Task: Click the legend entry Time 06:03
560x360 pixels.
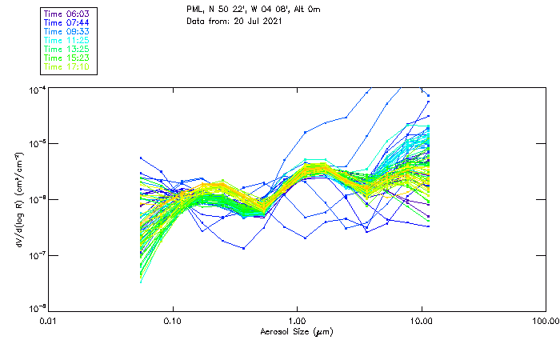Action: coord(66,14)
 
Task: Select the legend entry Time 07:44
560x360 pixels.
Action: coord(66,22)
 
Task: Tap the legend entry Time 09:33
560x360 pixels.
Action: coord(66,31)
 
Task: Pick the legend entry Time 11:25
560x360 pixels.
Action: coord(66,40)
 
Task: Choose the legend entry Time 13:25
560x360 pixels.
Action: coord(66,49)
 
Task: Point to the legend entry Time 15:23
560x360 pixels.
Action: coord(66,58)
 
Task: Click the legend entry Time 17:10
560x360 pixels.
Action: coord(66,66)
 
